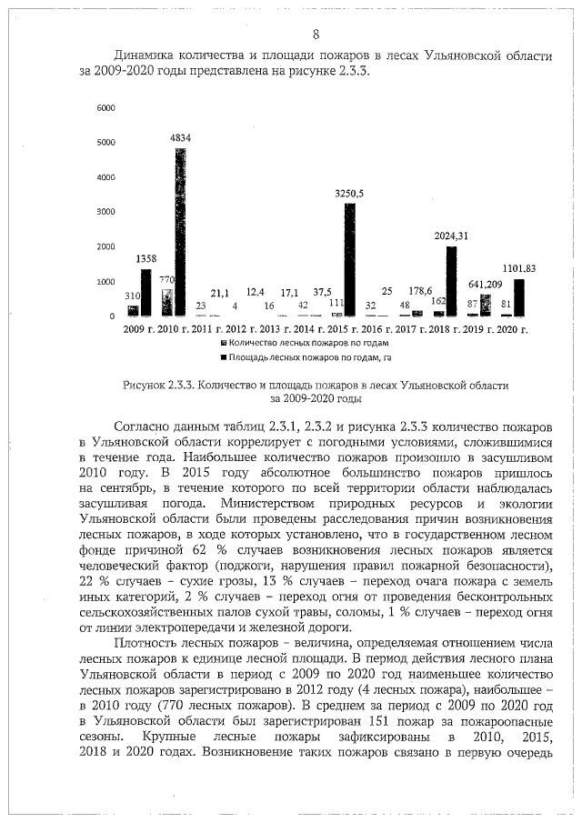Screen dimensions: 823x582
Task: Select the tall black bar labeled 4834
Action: (x=182, y=232)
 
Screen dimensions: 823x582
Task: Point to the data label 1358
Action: (x=145, y=259)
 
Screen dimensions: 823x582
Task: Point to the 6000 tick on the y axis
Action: (x=105, y=107)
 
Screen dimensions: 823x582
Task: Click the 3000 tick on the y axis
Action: (x=105, y=212)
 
